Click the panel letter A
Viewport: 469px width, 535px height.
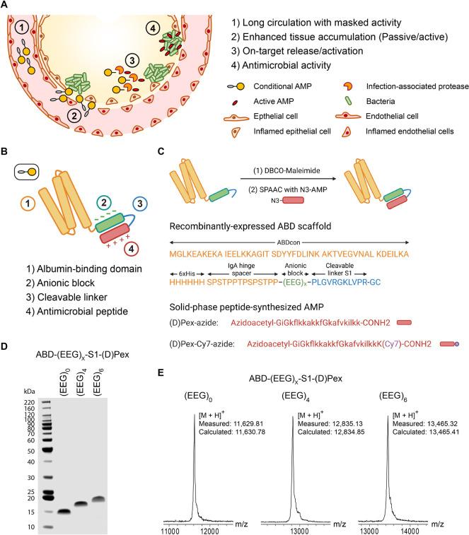[x=6, y=6]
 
